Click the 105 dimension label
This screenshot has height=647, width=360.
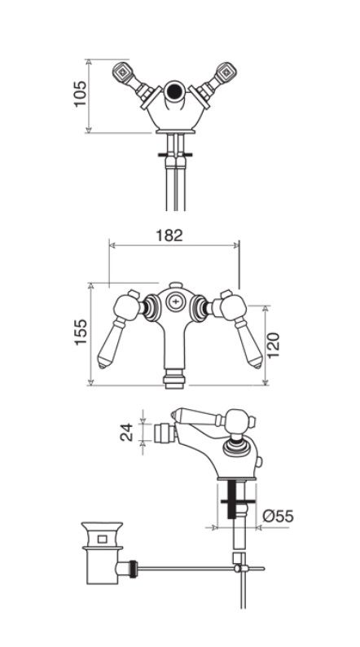[80, 93]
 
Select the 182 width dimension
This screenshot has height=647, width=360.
[169, 235]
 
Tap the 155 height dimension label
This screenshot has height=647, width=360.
[81, 332]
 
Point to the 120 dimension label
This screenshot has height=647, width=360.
[273, 345]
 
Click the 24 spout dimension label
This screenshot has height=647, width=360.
[126, 432]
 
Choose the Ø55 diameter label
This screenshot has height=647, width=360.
[278, 516]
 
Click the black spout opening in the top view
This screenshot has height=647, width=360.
[175, 90]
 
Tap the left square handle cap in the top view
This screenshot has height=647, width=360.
[122, 73]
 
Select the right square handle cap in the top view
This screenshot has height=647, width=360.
[226, 73]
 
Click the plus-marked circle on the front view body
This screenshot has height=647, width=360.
[175, 302]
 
